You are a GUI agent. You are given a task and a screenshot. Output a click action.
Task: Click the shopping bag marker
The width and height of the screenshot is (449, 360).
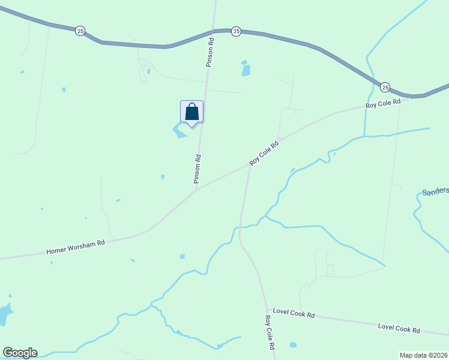(x=191, y=112)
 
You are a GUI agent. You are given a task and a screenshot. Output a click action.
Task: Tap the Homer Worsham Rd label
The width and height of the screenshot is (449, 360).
(x=76, y=247)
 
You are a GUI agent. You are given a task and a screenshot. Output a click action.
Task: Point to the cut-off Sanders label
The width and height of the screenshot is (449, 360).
(x=435, y=191)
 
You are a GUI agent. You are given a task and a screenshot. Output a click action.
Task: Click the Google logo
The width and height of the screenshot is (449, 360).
(x=20, y=353)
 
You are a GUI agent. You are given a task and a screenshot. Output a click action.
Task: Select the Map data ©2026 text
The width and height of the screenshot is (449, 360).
(x=424, y=355)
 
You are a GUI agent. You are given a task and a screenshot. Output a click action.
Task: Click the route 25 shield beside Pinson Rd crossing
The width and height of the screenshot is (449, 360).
(x=237, y=31)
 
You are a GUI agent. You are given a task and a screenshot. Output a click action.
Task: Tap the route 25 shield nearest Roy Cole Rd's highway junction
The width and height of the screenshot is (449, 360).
(x=385, y=88)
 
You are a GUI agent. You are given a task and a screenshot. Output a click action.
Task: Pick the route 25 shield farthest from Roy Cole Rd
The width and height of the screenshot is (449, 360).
(x=80, y=31)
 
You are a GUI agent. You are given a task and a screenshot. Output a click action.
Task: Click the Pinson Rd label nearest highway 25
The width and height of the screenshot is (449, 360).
(x=211, y=53)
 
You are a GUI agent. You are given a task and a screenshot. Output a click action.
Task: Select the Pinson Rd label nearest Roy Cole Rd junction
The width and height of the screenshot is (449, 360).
(x=197, y=169)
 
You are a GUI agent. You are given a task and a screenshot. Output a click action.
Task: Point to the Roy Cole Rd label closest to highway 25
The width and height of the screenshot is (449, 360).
(x=383, y=104)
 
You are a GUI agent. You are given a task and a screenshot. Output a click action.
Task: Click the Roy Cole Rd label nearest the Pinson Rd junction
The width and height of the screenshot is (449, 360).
(x=265, y=154)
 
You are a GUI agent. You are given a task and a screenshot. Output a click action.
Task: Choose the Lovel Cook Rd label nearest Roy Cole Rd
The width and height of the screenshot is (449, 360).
(x=294, y=313)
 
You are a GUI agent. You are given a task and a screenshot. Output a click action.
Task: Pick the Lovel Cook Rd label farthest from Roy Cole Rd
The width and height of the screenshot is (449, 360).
(x=399, y=328)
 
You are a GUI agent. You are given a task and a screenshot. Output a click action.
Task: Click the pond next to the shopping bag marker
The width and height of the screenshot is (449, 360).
(x=179, y=131)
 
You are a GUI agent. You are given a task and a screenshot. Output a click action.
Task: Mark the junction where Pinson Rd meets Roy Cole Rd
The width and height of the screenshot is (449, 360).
(x=197, y=189)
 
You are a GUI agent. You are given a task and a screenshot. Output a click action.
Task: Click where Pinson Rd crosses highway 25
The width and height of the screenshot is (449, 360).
(x=214, y=30)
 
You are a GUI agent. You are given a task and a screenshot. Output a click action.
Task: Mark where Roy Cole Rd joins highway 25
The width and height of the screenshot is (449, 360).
(x=410, y=96)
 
